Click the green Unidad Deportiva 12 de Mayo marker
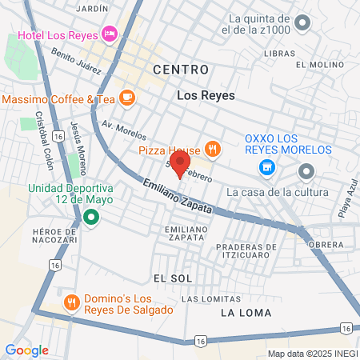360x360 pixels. pos(91,217)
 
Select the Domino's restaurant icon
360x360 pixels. pos(71,302)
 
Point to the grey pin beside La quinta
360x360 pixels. pos(302,23)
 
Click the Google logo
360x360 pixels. pos(27,350)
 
